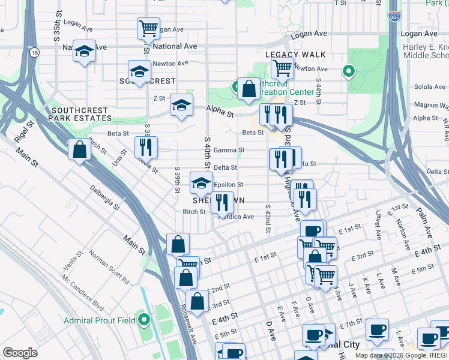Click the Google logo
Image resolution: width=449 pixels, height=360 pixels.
point(20,353)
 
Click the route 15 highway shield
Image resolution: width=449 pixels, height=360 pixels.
point(35,53)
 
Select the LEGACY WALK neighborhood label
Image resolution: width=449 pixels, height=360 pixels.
point(296,55)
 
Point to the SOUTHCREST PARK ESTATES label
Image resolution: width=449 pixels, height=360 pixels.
point(80,115)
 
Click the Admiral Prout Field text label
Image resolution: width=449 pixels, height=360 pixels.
point(100,320)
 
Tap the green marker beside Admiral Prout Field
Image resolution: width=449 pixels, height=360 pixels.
point(143,319)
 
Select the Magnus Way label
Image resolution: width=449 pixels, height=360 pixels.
point(431,105)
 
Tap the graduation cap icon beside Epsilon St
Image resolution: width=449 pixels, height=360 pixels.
point(201,182)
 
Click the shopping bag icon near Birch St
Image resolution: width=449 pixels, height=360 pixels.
point(79,151)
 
